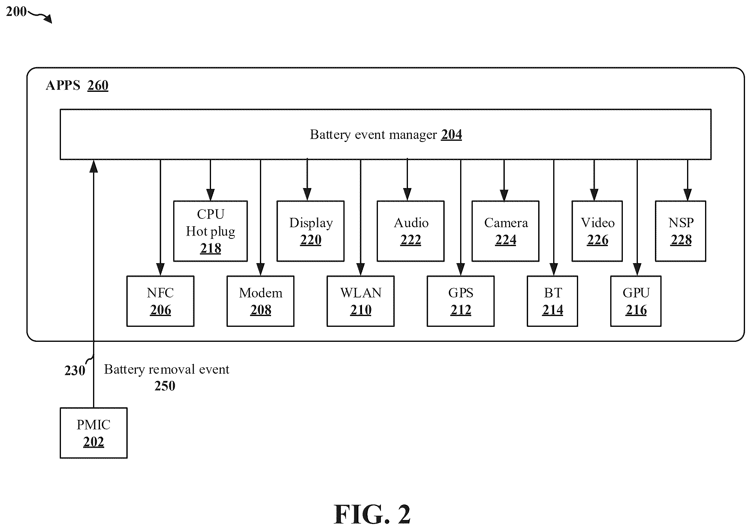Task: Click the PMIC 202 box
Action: point(94,433)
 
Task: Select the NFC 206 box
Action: point(160,301)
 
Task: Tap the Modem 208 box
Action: point(260,301)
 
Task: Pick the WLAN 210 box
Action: point(360,301)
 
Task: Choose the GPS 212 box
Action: point(460,301)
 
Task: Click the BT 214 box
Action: point(553,301)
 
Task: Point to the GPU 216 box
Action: point(636,301)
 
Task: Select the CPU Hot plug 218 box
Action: point(210,231)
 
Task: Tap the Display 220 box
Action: point(310,231)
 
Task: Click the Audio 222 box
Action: point(411,231)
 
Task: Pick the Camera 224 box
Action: point(505,231)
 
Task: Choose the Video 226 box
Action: point(597,231)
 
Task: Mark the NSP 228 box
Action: point(681,231)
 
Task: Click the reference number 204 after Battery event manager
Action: point(452,134)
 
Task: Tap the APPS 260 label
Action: point(77,85)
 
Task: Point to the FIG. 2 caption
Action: point(372,514)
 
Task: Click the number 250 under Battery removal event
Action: point(165,386)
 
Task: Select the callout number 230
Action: point(75,370)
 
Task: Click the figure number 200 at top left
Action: point(16,11)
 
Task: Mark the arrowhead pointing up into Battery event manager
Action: point(94,166)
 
